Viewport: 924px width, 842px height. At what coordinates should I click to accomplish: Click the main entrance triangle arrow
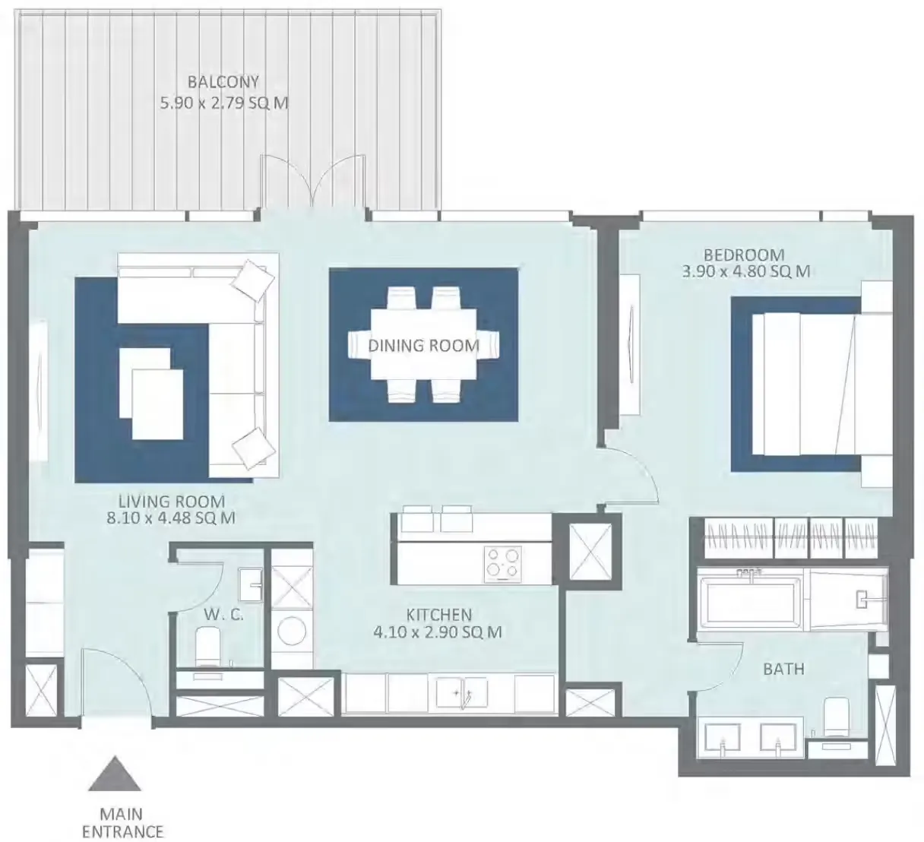114,774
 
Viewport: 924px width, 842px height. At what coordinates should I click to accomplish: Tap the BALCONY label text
223,82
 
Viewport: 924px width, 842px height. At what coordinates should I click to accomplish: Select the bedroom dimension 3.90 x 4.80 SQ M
745,271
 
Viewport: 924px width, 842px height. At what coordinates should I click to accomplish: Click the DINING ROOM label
424,346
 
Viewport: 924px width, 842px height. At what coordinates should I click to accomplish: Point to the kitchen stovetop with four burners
503,564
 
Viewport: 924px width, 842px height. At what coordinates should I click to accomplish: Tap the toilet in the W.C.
207,647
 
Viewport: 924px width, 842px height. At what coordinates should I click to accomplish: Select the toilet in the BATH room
836,717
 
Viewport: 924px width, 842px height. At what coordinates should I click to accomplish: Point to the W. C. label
223,614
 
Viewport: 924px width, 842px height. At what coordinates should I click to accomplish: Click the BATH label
783,669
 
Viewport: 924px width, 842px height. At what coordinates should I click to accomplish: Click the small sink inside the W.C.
250,585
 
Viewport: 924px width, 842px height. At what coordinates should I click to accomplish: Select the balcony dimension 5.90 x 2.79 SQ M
224,103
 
